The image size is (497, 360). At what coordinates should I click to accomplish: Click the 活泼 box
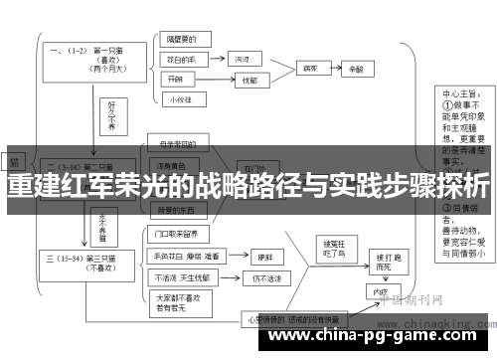point(242,59)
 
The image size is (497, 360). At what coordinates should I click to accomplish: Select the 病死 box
point(310,69)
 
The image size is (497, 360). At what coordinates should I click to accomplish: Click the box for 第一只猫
point(95,55)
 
